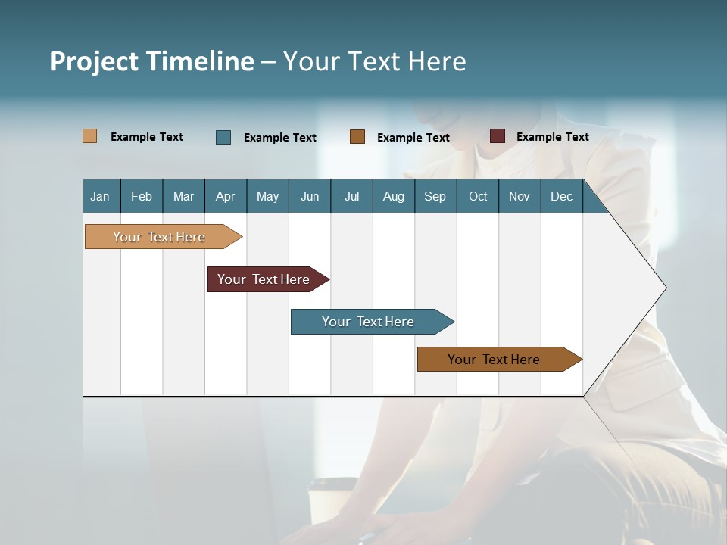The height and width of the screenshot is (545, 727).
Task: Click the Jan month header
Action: (x=101, y=196)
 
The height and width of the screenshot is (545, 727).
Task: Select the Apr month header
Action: (x=226, y=196)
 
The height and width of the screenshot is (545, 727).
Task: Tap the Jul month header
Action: (x=352, y=196)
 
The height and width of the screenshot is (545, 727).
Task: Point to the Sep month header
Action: (x=435, y=196)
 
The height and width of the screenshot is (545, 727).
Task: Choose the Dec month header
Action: (x=562, y=196)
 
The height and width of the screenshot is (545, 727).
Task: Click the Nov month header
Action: (x=520, y=196)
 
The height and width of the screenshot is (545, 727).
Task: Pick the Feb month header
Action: (x=142, y=196)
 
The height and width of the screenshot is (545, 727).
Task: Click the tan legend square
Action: (x=90, y=136)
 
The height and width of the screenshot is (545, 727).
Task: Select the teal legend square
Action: (x=223, y=137)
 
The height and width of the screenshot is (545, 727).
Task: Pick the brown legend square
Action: (x=357, y=137)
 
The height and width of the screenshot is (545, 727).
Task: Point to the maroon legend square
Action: (x=498, y=136)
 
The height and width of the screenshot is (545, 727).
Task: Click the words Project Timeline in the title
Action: (x=152, y=61)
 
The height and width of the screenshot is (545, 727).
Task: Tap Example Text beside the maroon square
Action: (x=553, y=137)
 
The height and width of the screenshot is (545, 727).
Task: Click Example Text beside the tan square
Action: (x=147, y=137)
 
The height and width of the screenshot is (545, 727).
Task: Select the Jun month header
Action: (x=310, y=196)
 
